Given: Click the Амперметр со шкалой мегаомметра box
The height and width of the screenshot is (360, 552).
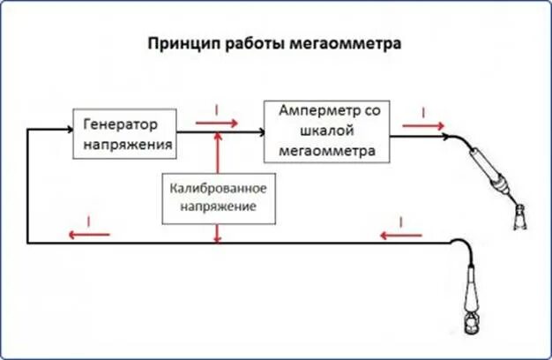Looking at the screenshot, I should (x=325, y=131).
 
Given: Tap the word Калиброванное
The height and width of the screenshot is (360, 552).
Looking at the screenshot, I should (x=216, y=190).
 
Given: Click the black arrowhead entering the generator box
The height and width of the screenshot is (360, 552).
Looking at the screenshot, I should (x=67, y=131).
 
